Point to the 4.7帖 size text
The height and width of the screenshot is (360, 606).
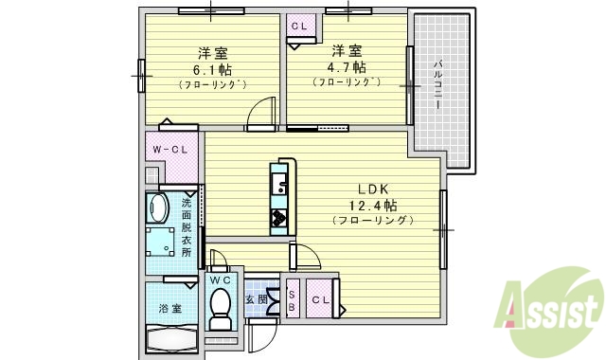click(347, 67)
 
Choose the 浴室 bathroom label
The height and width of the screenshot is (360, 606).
click(170, 307)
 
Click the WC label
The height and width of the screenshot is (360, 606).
click(220, 280)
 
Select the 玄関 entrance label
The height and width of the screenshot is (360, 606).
click(256, 299)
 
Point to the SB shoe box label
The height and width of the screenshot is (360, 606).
click(292, 298)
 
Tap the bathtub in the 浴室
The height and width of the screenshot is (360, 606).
click(171, 339)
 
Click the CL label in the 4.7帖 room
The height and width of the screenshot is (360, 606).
click(298, 27)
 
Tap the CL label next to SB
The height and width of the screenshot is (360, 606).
click(319, 298)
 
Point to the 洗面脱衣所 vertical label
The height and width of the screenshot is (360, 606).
click(186, 227)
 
